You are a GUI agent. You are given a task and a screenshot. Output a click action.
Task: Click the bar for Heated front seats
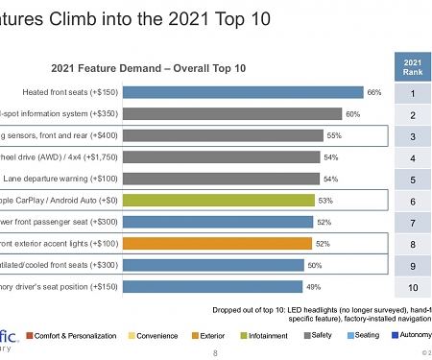tap(243, 92)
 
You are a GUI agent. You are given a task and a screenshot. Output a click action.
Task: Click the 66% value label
tap(374, 92)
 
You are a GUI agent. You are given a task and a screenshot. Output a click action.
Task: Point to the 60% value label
tap(352, 114)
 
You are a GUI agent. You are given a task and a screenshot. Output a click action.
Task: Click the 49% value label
tap(312, 286)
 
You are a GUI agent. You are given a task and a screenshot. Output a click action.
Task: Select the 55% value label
tap(334, 136)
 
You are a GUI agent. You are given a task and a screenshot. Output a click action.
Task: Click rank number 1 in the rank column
tap(412, 94)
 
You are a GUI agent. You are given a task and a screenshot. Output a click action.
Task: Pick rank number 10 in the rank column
tap(412, 287)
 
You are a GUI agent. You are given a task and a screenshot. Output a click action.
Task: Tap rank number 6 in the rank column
tap(412, 202)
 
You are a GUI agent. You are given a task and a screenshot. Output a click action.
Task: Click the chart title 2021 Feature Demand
tap(148, 68)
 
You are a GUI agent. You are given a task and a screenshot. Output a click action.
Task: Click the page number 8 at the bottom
tap(214, 352)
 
